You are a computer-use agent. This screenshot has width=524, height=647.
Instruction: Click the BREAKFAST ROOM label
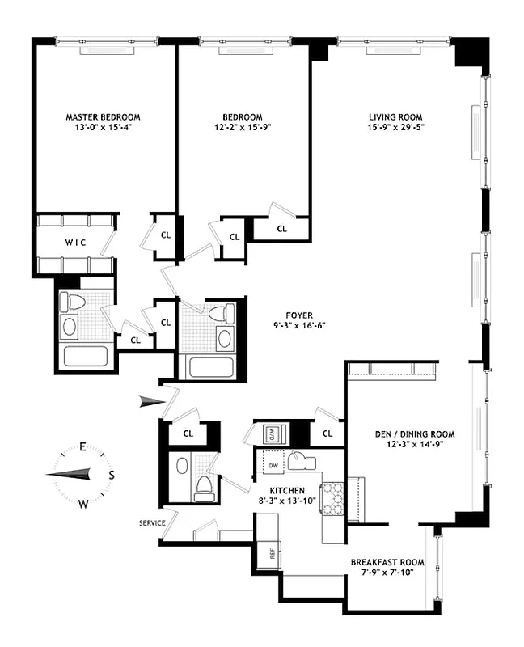[387, 562]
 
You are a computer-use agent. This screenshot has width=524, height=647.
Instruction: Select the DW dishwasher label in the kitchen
[273, 467]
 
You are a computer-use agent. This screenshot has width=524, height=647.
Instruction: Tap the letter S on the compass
[112, 475]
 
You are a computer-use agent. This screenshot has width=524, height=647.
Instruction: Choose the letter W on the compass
[82, 503]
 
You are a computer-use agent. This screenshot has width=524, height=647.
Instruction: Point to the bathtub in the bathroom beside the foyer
[210, 366]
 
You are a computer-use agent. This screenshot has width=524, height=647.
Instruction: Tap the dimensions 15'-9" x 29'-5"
[395, 127]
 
